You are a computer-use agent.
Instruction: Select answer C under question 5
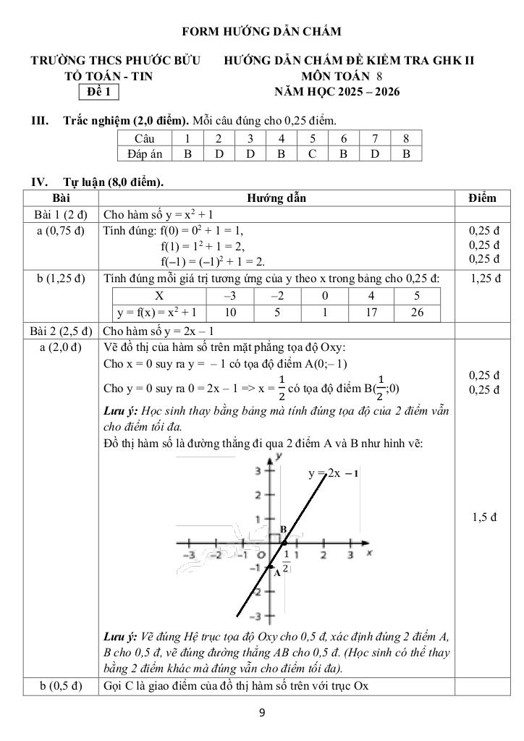313,153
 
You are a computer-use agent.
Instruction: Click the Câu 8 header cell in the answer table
406,138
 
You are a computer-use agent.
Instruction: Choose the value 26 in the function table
417,313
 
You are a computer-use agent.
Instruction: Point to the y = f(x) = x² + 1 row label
159,313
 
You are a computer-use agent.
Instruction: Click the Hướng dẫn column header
276,198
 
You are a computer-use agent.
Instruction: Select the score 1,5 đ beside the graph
483,517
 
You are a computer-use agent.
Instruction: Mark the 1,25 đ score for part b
483,279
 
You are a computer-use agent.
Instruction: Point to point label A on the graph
276,572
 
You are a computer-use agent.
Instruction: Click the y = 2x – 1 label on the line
334,474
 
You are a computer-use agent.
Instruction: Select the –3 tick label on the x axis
190,555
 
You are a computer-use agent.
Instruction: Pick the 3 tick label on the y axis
257,471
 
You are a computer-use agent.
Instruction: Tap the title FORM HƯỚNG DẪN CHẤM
261,31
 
